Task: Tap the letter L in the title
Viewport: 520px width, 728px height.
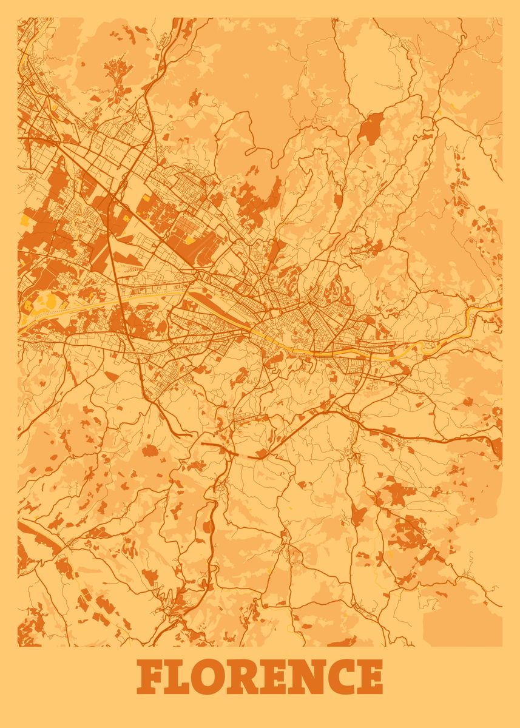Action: click(183, 677)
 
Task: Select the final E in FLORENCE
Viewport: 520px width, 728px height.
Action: click(371, 677)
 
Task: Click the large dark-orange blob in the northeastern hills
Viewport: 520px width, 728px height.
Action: click(368, 128)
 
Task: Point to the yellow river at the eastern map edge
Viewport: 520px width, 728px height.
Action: click(485, 311)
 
